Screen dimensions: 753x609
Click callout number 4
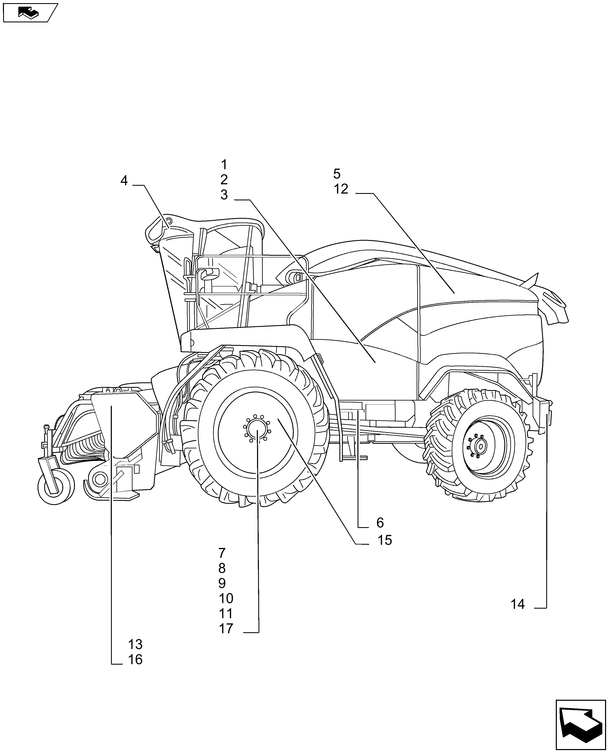tap(124, 181)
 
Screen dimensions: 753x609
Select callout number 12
tap(341, 189)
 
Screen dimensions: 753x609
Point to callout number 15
tap(385, 541)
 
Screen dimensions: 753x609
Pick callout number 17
tap(226, 629)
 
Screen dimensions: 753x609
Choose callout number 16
tap(135, 660)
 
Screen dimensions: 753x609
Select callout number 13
tap(135, 645)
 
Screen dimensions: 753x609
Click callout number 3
tap(224, 195)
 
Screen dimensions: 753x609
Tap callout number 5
tap(337, 174)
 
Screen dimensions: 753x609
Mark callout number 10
tap(226, 598)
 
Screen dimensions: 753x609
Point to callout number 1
tap(224, 165)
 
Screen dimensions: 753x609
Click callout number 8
tap(222, 568)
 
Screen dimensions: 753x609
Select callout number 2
tap(224, 180)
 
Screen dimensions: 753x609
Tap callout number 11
tap(226, 614)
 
